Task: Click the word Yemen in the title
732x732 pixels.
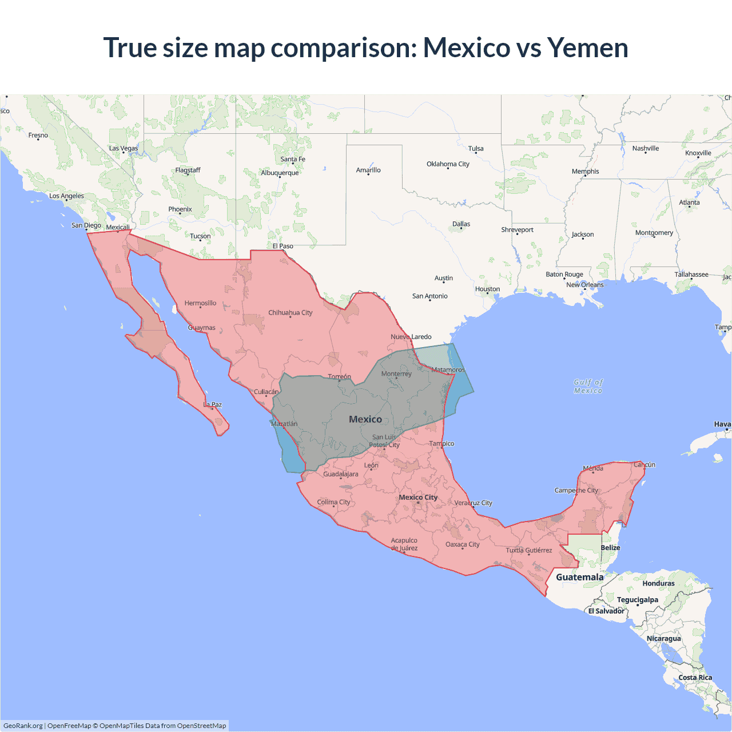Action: (x=587, y=47)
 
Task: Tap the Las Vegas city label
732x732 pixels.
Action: (x=124, y=148)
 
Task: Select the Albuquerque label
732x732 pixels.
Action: (x=280, y=173)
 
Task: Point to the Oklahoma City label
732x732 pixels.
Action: (x=448, y=164)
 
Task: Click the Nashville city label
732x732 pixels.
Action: (x=646, y=148)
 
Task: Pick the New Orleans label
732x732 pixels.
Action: (x=584, y=285)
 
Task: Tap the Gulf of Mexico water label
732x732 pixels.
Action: (x=588, y=387)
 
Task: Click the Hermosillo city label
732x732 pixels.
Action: (x=200, y=303)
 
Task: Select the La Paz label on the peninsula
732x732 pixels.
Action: (x=213, y=404)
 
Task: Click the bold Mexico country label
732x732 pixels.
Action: (x=365, y=419)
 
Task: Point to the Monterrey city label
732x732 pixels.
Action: (x=396, y=373)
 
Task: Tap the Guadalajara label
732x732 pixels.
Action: (x=341, y=474)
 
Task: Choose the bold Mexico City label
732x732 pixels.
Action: (x=418, y=497)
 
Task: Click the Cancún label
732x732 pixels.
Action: (x=645, y=464)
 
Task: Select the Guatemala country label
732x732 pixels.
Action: (x=579, y=577)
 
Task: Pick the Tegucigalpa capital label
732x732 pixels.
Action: (x=637, y=599)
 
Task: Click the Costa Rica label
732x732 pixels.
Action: (x=695, y=677)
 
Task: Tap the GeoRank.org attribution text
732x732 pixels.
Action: (x=23, y=726)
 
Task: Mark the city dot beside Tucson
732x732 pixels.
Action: (x=200, y=240)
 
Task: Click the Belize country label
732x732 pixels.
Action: (x=610, y=547)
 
